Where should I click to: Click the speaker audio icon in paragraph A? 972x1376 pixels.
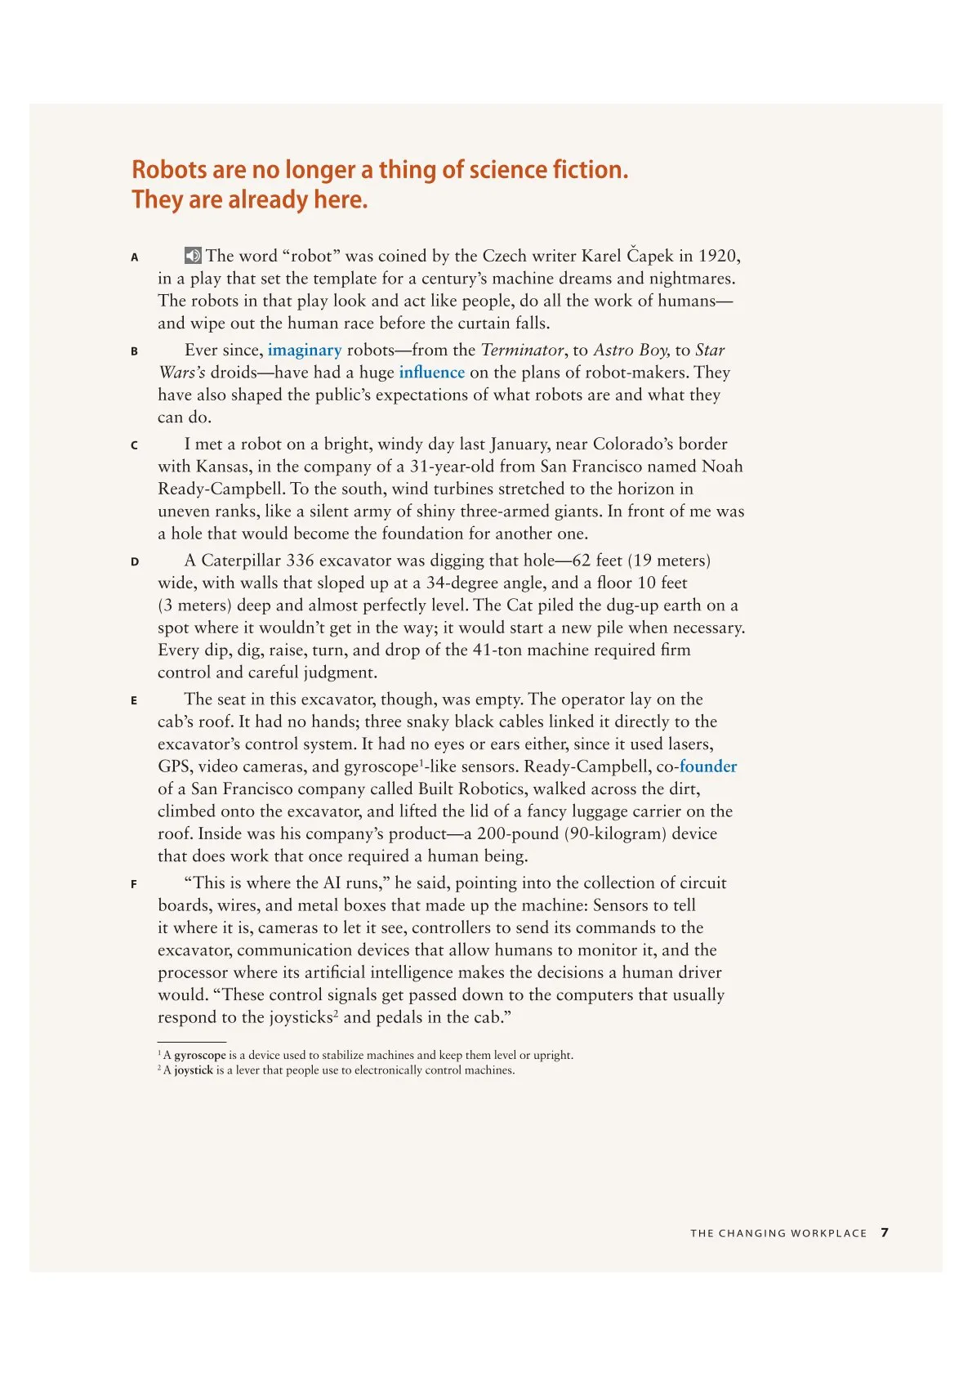click(193, 256)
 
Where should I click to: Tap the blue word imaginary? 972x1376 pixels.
click(305, 351)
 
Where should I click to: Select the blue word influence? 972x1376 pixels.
click(431, 373)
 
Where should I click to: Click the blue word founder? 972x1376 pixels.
click(708, 766)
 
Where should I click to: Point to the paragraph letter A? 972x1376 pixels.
click(135, 257)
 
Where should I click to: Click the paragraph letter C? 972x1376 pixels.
click(135, 445)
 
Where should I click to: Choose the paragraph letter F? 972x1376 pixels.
click(134, 884)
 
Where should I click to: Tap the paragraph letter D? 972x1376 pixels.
click(135, 562)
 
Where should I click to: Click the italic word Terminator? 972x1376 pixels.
click(522, 351)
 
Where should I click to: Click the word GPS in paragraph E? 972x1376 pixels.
click(173, 766)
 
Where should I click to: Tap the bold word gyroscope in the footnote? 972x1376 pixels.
click(200, 1055)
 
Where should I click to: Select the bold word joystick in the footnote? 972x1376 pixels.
click(194, 1070)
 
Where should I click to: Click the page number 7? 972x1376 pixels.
click(885, 1232)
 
